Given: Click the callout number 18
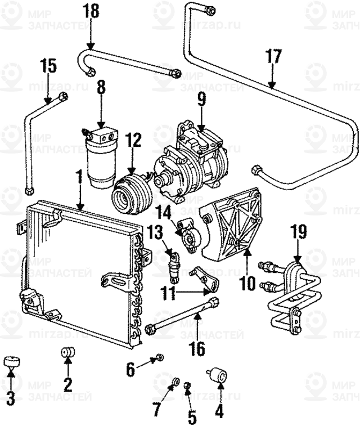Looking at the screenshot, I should [x=91, y=10].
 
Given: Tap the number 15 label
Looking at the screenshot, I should [x=49, y=65].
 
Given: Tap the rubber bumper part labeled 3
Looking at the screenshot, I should [x=11, y=362].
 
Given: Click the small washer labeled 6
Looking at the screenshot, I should [x=159, y=357].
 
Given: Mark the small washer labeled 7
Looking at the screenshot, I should [x=174, y=383].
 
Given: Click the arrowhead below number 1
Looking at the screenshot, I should [x=80, y=208].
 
